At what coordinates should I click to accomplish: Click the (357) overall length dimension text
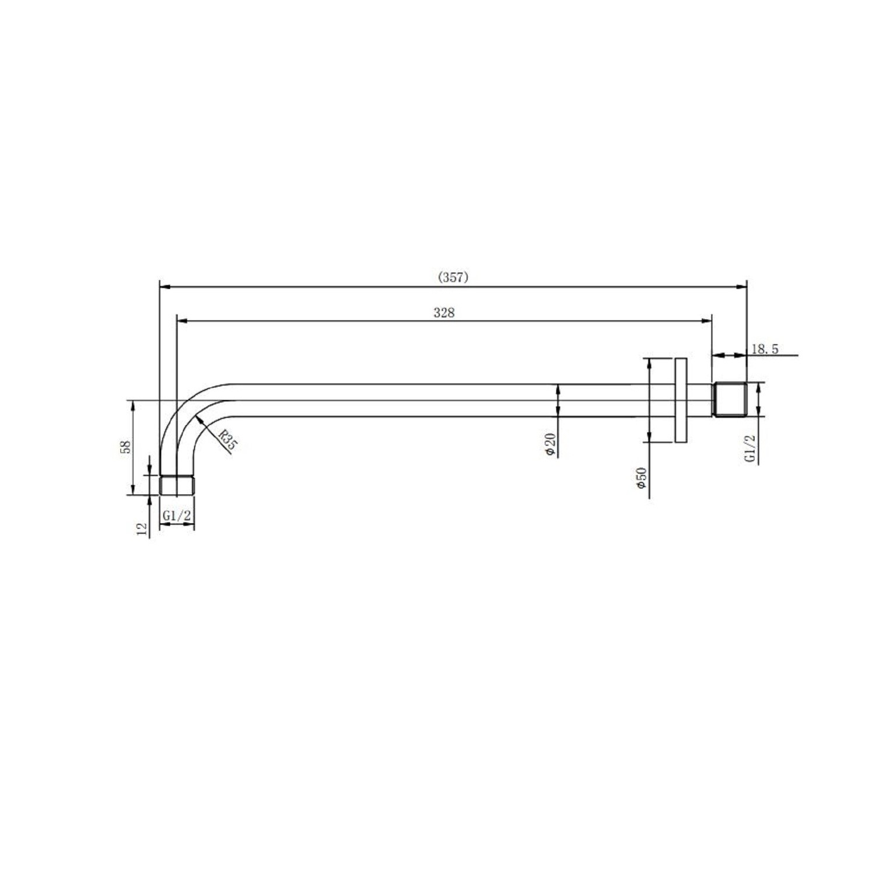coord(453,278)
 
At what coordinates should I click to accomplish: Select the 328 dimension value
coord(444,313)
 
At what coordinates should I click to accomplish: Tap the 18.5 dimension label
coord(765,349)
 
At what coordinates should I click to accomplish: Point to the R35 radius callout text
coord(228,439)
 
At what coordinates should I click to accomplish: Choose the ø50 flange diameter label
coord(642,478)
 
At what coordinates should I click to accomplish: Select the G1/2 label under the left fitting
coord(177,516)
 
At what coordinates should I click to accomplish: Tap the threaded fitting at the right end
coord(730,400)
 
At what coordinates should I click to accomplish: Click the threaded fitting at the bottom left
coord(177,485)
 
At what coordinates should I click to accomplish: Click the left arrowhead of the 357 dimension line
coord(164,286)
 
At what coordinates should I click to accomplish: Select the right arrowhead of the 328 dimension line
coord(708,320)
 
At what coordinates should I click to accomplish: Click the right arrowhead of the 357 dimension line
coord(743,286)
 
